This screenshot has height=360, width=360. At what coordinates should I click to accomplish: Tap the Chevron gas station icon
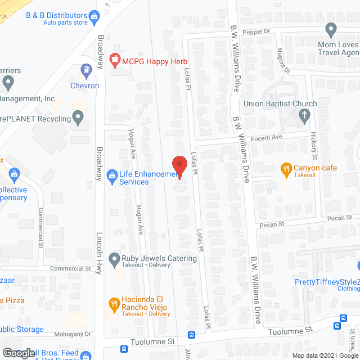click(x=86, y=71)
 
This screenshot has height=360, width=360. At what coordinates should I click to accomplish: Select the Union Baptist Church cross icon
click(x=304, y=116)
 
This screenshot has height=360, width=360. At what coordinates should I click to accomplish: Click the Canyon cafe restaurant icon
click(x=286, y=168)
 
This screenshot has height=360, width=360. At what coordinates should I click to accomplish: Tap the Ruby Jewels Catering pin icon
click(x=114, y=258)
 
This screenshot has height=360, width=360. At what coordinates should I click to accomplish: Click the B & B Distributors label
click(x=57, y=15)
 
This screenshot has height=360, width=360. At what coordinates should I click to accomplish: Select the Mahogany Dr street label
click(x=73, y=334)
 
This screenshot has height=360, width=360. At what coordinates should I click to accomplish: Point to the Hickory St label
click(x=314, y=146)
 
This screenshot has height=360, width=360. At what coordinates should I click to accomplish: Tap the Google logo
click(x=18, y=353)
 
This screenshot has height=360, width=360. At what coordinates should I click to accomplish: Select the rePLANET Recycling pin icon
click(x=78, y=118)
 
